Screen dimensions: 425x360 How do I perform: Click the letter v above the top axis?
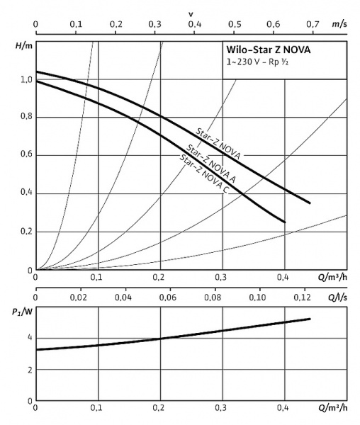point(191,13)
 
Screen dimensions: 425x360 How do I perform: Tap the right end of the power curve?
point(310,319)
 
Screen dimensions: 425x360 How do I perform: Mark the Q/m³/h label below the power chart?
point(332,408)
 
